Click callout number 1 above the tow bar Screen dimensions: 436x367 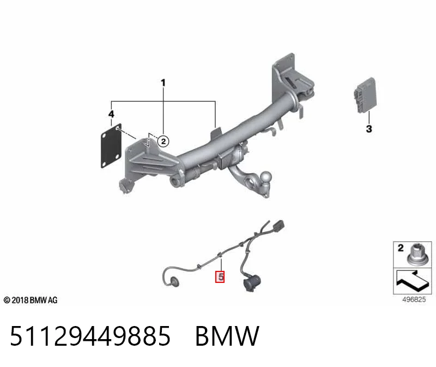coord(163,83)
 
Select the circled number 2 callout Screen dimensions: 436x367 coord(163,141)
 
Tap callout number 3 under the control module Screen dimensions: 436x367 coord(369,129)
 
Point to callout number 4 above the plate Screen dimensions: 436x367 coord(111,114)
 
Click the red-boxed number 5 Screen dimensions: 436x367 coord(220,277)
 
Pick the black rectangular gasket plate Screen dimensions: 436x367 coord(111,145)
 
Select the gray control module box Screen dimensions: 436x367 coord(365,95)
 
